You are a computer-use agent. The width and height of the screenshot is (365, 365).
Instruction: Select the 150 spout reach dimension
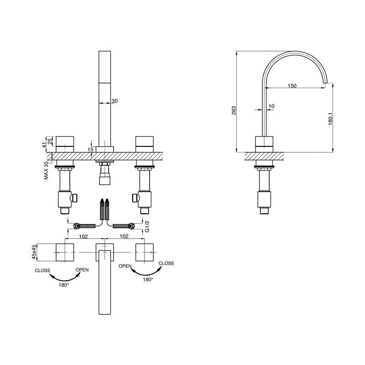292,86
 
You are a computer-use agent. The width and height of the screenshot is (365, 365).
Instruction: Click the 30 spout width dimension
115,101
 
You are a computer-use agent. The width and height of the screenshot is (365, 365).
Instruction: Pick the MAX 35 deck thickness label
47,170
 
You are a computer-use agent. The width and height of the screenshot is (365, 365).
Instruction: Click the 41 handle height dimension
45,145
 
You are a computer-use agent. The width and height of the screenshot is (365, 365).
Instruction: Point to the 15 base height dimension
91,149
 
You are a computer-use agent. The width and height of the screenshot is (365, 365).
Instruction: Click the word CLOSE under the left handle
43,271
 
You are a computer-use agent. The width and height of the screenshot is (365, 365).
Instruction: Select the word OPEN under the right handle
125,266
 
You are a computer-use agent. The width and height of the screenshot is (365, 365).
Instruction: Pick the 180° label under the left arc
64,285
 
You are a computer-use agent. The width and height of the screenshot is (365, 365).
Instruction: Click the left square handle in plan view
64,252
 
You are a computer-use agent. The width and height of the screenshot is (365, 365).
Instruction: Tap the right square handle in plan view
146,252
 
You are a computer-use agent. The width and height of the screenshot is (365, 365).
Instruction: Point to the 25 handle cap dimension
51,139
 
